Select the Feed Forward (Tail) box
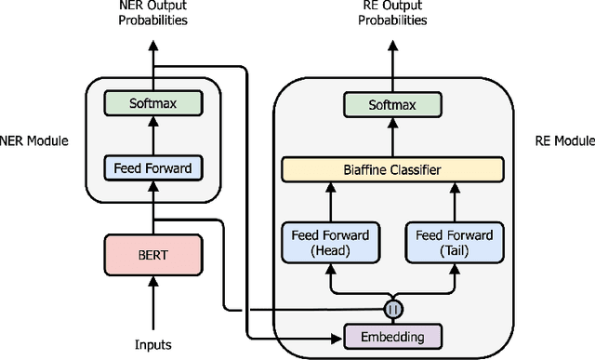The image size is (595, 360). point(455,243)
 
